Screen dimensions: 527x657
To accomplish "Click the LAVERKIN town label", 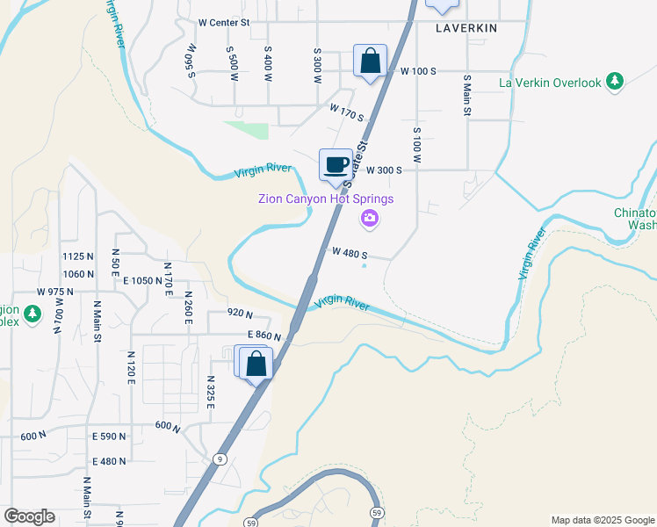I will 466,28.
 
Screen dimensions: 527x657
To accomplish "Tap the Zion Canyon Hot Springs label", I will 325,199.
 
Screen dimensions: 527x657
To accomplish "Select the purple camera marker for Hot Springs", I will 370,218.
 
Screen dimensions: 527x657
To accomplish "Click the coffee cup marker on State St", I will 336,165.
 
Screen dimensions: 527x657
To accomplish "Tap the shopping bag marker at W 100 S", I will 371,61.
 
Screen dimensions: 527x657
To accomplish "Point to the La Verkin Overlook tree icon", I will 616,82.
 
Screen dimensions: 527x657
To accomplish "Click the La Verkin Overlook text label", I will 550,83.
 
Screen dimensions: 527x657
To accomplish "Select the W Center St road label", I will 224,22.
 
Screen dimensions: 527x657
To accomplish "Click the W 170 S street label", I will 347,112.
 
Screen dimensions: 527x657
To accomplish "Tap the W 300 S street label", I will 384,170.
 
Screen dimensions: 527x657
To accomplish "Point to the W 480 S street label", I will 349,253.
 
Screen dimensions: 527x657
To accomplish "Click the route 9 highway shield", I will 220,458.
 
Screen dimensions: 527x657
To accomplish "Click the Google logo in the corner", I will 29,516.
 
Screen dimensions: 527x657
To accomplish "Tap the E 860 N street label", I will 264,336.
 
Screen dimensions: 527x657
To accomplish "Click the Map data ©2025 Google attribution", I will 603,520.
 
